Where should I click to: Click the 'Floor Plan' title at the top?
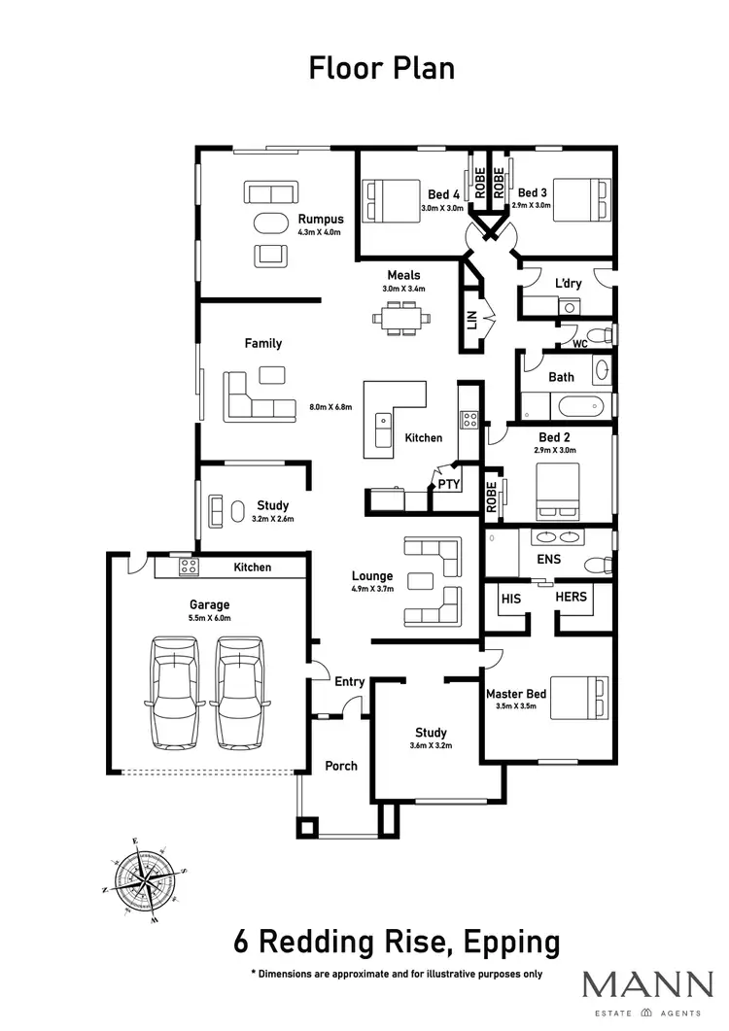coord(381,69)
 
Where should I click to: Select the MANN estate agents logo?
coord(646,991)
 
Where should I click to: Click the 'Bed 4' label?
coord(443,192)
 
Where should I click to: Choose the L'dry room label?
coord(569,282)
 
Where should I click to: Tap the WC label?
coord(579,343)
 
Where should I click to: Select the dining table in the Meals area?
coord(398,318)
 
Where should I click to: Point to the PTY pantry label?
coord(448,483)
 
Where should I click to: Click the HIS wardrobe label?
coord(511,598)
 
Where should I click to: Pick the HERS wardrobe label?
coord(572,597)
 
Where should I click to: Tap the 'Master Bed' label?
coord(516,694)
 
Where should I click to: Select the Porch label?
coord(340,766)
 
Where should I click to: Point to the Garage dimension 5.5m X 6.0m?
coord(209,618)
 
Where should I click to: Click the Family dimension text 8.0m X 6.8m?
coord(330,407)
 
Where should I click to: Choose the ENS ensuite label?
coord(549,560)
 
